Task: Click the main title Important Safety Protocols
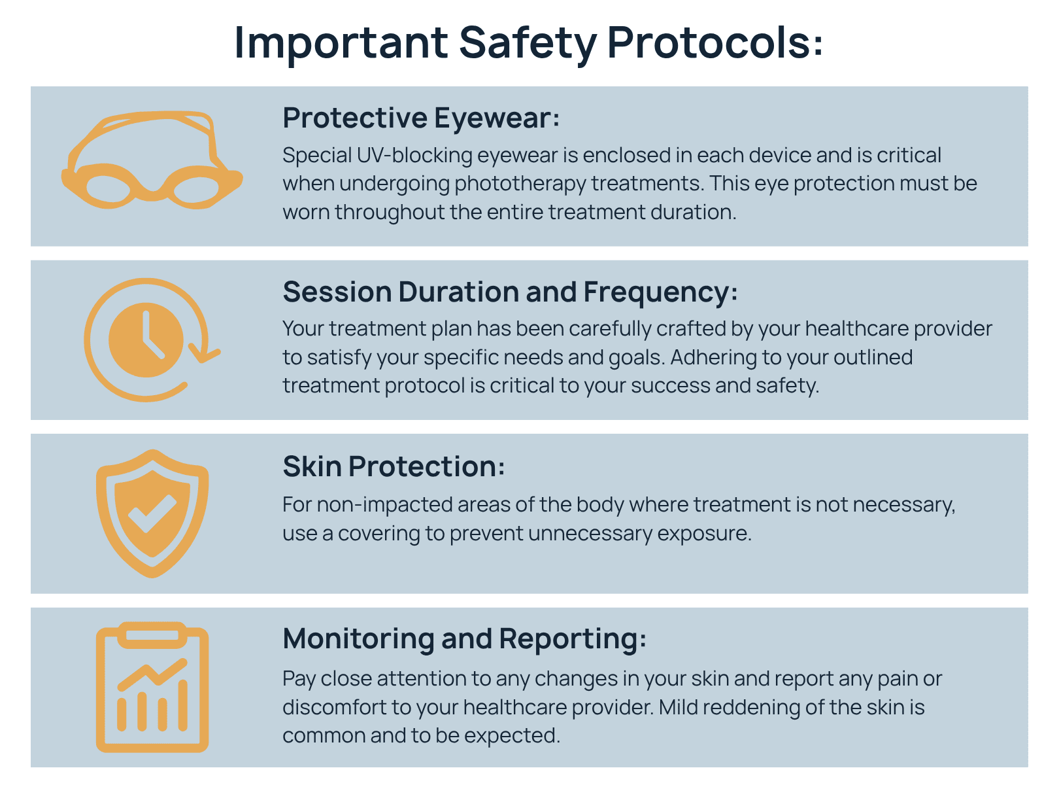click(x=529, y=43)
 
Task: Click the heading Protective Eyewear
click(x=420, y=118)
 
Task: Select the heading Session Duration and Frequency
click(x=510, y=292)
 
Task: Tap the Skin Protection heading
click(x=394, y=466)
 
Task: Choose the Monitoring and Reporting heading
click(x=464, y=639)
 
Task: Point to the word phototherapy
click(x=520, y=184)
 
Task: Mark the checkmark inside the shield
click(x=152, y=513)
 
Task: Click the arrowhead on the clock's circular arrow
click(x=205, y=353)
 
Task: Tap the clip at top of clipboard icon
click(x=152, y=635)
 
